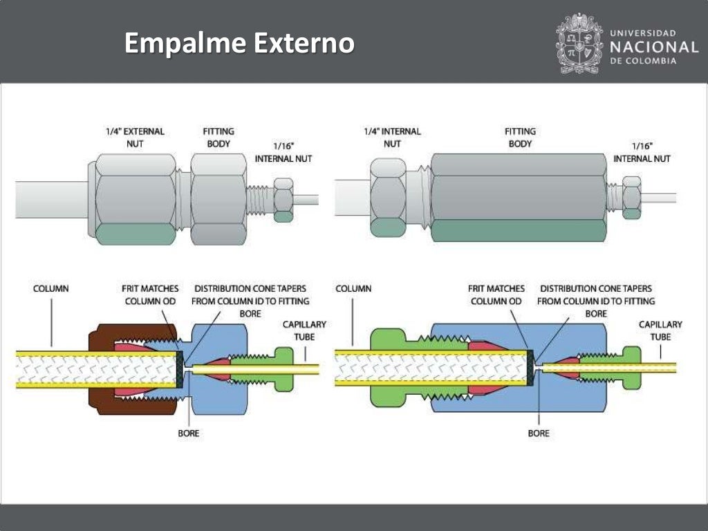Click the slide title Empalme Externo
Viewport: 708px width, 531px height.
coord(239,44)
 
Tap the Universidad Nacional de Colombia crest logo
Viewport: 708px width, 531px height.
coord(579,44)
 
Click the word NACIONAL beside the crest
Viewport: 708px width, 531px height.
coord(654,47)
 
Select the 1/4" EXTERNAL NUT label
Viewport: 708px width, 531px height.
coord(135,137)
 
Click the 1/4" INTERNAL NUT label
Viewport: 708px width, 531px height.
coord(392,137)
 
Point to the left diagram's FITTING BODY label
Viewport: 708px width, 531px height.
coord(218,137)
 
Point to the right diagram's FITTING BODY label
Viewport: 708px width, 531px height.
coord(520,137)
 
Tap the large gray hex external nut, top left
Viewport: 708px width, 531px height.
coord(135,199)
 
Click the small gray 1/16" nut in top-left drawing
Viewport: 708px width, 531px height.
coord(283,199)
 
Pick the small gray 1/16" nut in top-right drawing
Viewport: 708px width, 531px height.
coord(631,198)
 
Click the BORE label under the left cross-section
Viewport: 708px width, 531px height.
coord(189,433)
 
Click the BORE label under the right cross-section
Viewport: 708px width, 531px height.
coord(539,433)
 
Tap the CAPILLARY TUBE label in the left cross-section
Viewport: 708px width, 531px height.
coord(304,330)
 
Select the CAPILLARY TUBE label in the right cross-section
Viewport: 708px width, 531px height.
coord(660,330)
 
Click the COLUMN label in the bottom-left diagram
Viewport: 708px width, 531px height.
coord(51,288)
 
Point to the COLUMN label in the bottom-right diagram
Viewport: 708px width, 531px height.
coord(353,288)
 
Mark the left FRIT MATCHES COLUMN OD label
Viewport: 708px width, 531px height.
coord(150,295)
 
